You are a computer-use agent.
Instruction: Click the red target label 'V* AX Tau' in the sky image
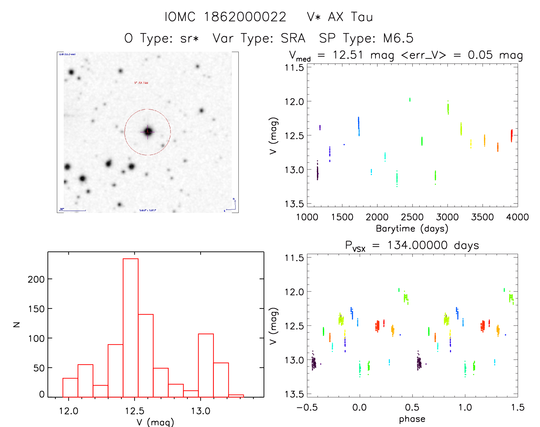click(141, 83)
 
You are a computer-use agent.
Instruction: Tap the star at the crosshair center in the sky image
click(148, 132)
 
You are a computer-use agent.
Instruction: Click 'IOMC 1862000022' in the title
click(225, 17)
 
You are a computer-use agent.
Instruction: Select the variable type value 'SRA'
click(293, 38)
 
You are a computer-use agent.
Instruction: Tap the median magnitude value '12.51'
click(348, 55)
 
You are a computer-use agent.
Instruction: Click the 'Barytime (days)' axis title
click(412, 229)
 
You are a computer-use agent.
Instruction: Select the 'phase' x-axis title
click(412, 419)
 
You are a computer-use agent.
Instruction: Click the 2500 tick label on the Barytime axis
click(412, 217)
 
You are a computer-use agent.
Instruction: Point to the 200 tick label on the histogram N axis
click(36, 279)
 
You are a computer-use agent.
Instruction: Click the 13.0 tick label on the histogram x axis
click(200, 411)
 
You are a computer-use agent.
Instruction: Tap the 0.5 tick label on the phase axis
click(412, 407)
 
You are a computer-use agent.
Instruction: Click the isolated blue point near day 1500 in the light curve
click(344, 145)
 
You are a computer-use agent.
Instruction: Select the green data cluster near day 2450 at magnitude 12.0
click(410, 99)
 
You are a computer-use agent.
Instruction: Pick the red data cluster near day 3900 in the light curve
click(511, 135)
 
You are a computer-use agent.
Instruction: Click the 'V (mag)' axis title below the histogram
click(155, 422)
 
